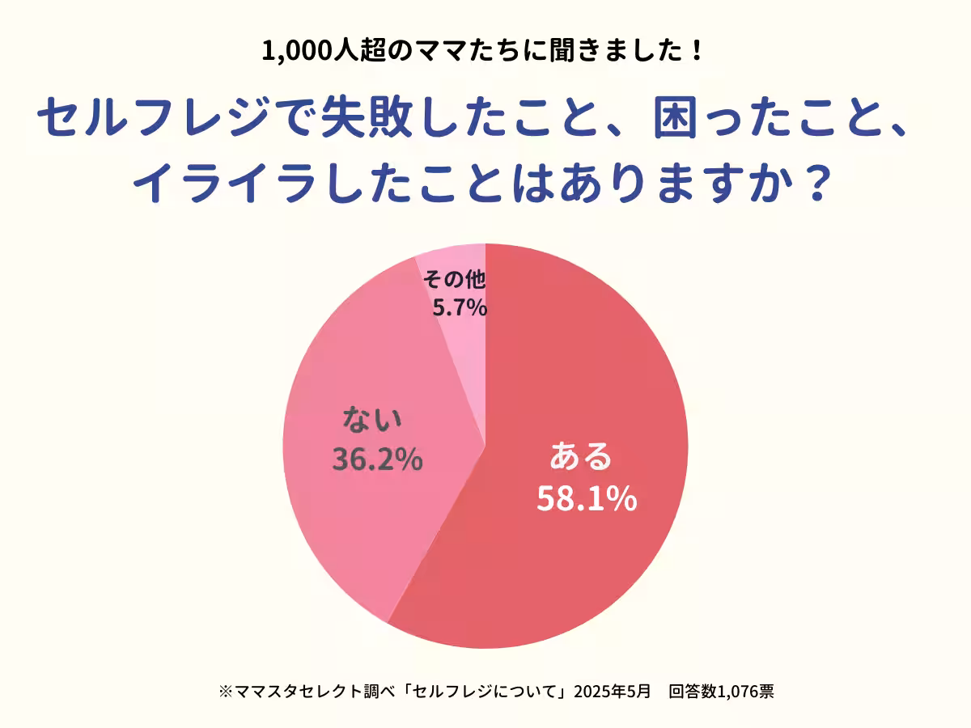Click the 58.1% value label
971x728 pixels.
[x=587, y=499]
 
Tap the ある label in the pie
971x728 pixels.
[x=581, y=457]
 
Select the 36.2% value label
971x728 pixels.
[x=377, y=459]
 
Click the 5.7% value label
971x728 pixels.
[x=459, y=307]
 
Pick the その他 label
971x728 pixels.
[x=455, y=280]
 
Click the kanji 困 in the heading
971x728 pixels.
[x=680, y=118]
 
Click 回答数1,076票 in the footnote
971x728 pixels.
[x=722, y=692]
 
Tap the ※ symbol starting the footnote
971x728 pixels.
[x=225, y=692]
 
